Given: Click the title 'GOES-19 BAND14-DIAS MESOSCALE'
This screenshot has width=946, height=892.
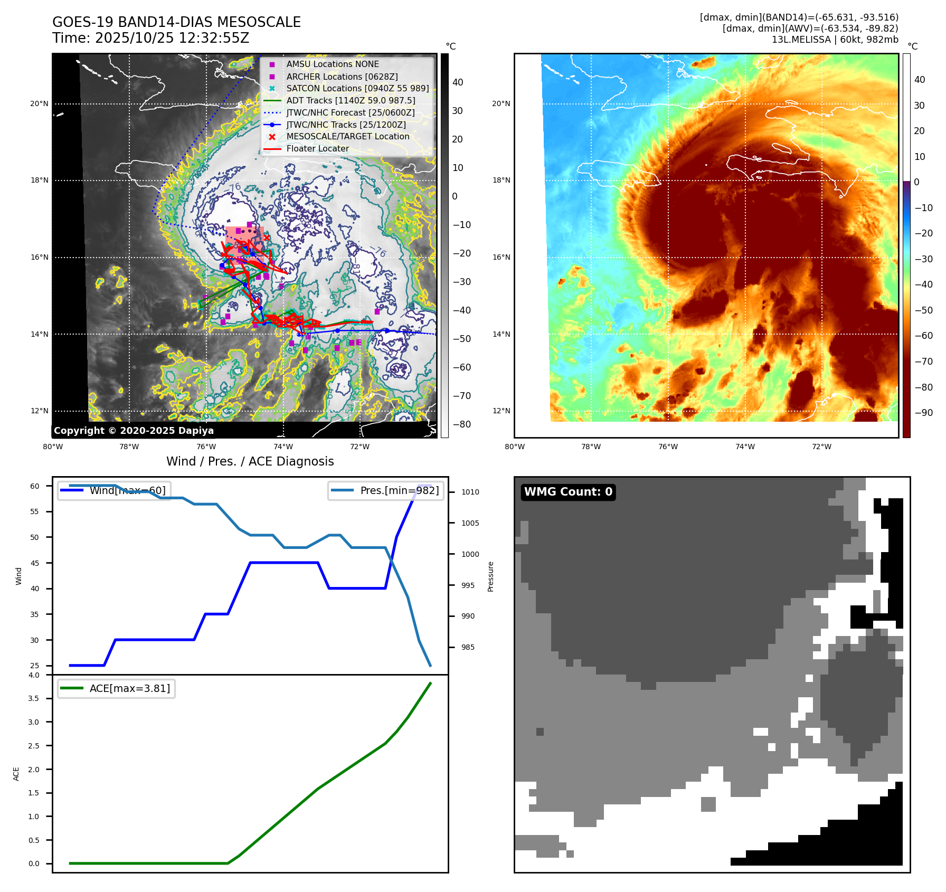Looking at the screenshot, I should click(176, 22).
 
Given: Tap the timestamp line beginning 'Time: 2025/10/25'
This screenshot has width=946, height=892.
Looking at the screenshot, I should click(150, 38).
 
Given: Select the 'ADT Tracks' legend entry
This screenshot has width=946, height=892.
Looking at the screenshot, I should click(351, 100).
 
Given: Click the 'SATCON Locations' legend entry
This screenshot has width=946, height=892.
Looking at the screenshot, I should click(357, 88).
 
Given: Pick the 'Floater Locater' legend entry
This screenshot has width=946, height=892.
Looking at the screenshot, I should click(317, 148).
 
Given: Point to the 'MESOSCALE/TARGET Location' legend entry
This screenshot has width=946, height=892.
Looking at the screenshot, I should click(347, 136).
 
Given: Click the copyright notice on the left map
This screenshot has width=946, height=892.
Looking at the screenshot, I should click(134, 431).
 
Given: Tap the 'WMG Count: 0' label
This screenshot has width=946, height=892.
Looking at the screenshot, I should click(568, 492).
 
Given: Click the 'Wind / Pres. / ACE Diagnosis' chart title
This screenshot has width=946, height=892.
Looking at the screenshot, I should click(250, 461).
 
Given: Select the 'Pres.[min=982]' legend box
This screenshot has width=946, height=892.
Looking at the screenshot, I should click(386, 490).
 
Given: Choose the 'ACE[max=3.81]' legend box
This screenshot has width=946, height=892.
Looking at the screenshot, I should click(116, 688).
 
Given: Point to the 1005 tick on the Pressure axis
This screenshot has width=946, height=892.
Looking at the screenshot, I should click(470, 523).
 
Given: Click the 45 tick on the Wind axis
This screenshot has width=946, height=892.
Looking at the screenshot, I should click(35, 563).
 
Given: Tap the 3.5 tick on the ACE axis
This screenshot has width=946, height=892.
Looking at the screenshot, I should click(34, 698).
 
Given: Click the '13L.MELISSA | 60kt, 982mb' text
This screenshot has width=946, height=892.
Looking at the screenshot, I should click(835, 40).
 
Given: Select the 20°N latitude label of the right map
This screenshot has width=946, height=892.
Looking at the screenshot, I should click(501, 103).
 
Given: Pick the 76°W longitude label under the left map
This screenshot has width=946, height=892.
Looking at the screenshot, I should click(206, 447).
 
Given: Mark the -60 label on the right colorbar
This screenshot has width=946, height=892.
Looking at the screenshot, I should click(923, 336).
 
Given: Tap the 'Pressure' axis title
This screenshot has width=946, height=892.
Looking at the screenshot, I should click(490, 576).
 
